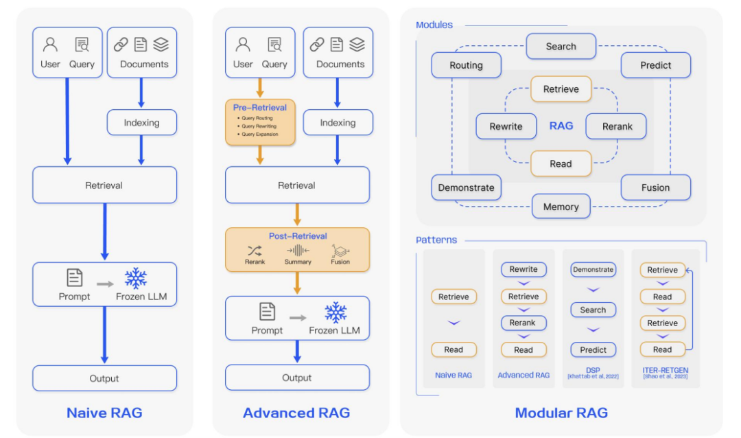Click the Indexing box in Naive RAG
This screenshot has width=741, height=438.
(x=141, y=123)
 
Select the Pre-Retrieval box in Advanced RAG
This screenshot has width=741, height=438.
(x=260, y=122)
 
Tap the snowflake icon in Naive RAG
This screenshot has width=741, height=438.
(x=136, y=278)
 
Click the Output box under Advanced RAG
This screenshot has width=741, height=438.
(x=297, y=378)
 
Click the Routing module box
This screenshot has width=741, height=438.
(x=466, y=65)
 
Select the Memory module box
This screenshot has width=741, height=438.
(x=561, y=206)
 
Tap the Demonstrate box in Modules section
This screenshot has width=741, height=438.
(x=466, y=187)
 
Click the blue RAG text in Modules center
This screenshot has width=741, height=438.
(x=561, y=126)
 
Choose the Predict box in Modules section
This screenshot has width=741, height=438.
(x=655, y=65)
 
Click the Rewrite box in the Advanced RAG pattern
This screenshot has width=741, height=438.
(x=524, y=270)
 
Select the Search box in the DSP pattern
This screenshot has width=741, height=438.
(x=593, y=310)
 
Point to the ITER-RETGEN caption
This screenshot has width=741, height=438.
(x=662, y=371)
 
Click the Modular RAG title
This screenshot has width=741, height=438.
(x=561, y=413)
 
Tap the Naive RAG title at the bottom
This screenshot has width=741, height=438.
(x=104, y=413)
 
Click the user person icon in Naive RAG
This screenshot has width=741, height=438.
(x=51, y=45)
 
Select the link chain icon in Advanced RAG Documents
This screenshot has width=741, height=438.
(x=317, y=45)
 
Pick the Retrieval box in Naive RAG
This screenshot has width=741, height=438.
(x=104, y=185)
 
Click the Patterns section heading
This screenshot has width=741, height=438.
(x=436, y=240)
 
